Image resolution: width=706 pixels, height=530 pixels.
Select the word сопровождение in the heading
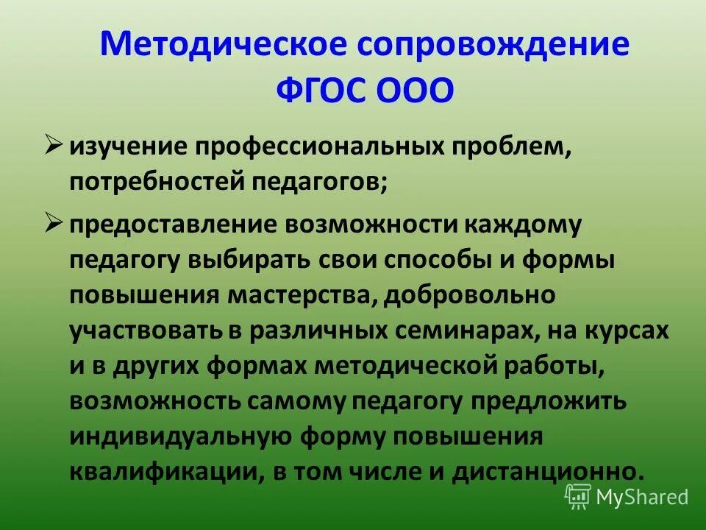click(x=493, y=46)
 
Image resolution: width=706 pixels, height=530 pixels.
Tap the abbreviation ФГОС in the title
click(x=321, y=91)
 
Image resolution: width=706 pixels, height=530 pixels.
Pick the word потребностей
click(x=157, y=181)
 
